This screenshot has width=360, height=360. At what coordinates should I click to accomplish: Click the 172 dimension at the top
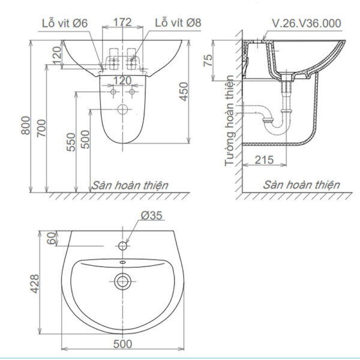[x=122, y=23]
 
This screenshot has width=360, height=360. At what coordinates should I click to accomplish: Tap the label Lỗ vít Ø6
[x=64, y=23]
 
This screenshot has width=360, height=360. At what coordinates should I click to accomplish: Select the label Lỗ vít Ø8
[x=178, y=23]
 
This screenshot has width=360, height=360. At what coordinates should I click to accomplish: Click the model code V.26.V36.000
[x=306, y=23]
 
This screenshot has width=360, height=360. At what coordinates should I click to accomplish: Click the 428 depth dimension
[x=34, y=282]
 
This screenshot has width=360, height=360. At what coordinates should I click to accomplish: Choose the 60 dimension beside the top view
[x=51, y=239]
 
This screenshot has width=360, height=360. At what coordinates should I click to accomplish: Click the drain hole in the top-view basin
[x=123, y=280]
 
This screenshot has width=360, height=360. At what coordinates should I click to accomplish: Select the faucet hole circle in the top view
[x=123, y=246]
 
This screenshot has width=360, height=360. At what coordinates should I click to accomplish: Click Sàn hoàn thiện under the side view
[x=302, y=185]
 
